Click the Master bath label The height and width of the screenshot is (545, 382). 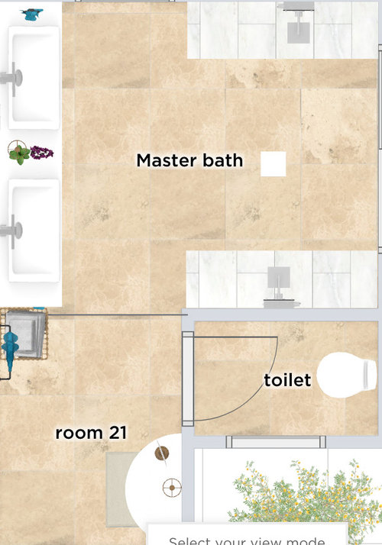pos(189,161)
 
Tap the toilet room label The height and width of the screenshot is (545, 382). pos(287,379)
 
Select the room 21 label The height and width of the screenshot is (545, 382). pos(90,434)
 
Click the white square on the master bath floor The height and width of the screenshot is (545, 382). pos(273,164)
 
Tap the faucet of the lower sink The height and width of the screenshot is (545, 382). pos(11,227)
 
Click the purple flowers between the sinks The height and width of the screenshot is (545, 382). pos(43,153)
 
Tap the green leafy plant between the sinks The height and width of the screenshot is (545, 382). pos(21,153)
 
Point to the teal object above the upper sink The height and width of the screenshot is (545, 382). pos(32,13)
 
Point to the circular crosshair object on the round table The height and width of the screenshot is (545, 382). pos(172,485)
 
